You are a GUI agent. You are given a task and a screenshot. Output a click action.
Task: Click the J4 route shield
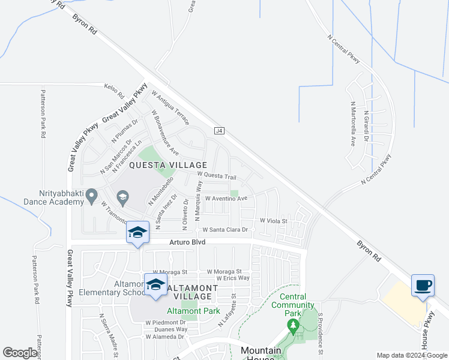(x=218, y=130)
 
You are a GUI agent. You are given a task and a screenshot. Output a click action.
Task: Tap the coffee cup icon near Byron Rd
(x=423, y=284)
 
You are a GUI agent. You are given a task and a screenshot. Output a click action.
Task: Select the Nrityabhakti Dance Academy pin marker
(x=92, y=195)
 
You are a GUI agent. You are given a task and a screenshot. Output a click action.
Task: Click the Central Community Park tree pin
(x=293, y=328)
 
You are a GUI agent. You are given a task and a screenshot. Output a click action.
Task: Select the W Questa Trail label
(x=217, y=176)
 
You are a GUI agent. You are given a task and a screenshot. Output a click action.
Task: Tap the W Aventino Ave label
(x=226, y=198)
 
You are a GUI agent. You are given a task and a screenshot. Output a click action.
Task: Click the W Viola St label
(x=274, y=221)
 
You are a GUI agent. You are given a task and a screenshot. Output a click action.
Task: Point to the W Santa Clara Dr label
(x=225, y=230)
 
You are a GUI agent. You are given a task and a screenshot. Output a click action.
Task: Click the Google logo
(x=20, y=353)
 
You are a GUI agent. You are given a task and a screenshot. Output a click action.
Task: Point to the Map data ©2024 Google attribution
(x=411, y=355)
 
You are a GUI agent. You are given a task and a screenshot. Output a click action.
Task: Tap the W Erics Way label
(x=229, y=278)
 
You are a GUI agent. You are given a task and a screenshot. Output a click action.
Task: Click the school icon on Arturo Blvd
(x=137, y=232)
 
